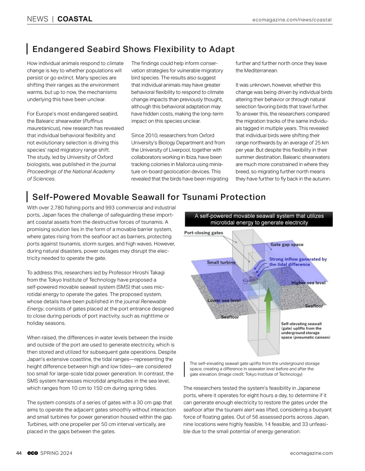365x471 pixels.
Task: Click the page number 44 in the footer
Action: click(19, 453)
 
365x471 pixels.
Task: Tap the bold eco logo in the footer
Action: click(33, 453)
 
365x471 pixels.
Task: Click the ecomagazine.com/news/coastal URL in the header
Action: click(292, 20)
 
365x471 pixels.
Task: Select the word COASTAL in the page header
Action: click(75, 19)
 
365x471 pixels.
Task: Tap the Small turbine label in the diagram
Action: click(221, 262)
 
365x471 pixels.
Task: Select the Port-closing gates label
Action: click(203, 233)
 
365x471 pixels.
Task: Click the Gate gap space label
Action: click(287, 244)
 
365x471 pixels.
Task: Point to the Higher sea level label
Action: click(308, 283)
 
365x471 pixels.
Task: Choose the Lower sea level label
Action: click(224, 300)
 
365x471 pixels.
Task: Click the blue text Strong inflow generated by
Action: click(298, 259)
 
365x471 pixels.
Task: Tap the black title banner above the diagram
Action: click(259, 219)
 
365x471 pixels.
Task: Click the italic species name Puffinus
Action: click(94, 121)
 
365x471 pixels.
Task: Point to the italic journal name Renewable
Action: click(153, 301)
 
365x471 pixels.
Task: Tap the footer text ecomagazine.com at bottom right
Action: click(311, 453)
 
